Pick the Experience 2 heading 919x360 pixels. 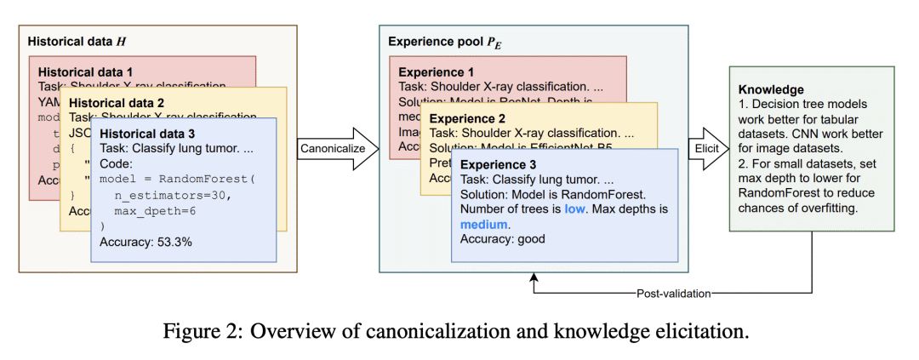click(468, 118)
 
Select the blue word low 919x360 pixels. click(575, 209)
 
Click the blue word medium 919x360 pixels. click(483, 225)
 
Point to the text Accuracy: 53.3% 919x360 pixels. click(146, 243)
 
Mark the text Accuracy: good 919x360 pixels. click(503, 239)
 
